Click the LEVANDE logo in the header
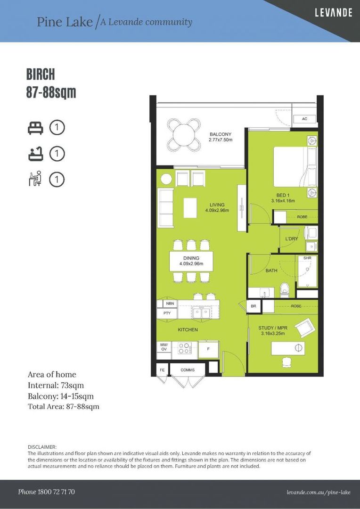tap(333, 13)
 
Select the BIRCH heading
tap(41, 74)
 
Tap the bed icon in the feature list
tap(35, 128)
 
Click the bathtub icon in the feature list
tap(35, 154)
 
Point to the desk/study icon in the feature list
tap(35, 179)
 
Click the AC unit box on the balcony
tap(304, 119)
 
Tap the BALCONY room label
tap(221, 134)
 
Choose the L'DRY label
tap(291, 239)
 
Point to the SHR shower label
tap(307, 258)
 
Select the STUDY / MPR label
tap(273, 328)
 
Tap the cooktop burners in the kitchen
tap(184, 349)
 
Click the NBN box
tap(170, 304)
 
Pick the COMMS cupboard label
tap(188, 370)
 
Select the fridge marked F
tap(208, 349)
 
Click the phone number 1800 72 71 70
tap(46, 492)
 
